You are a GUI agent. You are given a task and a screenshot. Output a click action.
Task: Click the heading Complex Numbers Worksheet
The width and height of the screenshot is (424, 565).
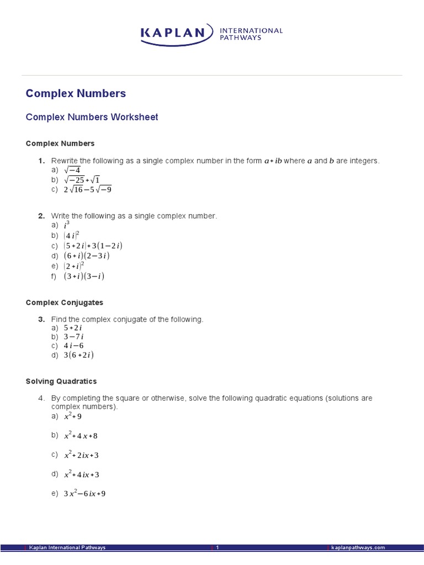92,117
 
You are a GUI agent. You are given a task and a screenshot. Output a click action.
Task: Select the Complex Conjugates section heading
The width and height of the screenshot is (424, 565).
65,303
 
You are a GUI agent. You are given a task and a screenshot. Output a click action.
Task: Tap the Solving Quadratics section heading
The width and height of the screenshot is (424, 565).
61,381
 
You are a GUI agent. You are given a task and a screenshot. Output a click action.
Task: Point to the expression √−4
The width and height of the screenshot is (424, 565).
72,170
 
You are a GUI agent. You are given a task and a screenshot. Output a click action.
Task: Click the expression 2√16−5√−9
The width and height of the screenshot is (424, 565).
87,189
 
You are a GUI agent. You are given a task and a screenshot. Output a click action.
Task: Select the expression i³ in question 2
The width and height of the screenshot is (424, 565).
67,225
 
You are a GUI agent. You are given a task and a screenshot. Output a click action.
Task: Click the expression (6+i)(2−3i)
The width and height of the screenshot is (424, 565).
87,255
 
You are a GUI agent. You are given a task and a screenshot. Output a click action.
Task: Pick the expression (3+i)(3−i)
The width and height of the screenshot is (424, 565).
84,276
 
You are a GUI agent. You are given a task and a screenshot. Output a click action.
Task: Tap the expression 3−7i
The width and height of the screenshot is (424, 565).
73,336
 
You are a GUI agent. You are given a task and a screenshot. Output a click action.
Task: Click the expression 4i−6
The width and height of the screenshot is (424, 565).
73,345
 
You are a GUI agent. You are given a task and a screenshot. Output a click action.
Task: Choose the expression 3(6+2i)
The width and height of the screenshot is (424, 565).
78,355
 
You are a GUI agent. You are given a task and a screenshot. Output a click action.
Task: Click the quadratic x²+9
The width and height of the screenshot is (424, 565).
73,416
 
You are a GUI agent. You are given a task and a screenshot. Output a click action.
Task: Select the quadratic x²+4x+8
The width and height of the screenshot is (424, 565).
81,435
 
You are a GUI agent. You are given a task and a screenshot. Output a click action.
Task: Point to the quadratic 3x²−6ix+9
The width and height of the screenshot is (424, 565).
84,493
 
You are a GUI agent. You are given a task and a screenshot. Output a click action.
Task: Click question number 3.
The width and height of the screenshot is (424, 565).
41,319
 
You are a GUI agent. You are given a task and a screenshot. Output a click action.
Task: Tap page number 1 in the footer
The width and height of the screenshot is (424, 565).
218,547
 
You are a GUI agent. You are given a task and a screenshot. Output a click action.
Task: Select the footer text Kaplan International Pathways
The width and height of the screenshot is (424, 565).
67,547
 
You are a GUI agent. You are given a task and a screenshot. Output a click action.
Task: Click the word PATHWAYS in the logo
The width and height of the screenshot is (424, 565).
241,38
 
